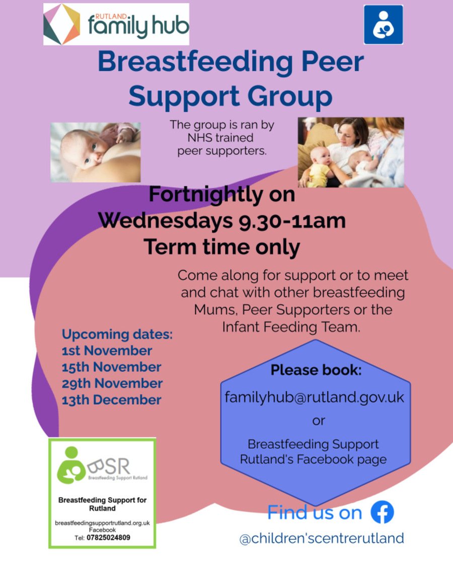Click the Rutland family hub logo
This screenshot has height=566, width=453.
coord(116,24)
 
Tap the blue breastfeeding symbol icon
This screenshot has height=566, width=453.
coord(383,25)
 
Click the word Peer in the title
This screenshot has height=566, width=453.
coord(332,62)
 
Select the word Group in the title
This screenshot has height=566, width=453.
coord(290,97)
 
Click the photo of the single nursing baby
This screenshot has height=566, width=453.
coord(95,152)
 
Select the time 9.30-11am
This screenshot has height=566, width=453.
coord(292,220)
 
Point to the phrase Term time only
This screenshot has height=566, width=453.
coord(222,247)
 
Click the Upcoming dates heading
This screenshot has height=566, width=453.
coord(117,335)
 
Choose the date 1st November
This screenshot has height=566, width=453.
coord(107,351)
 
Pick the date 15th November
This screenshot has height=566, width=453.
coord(111,367)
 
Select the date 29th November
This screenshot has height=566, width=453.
coord(112,383)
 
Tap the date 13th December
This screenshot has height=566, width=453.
coord(111,400)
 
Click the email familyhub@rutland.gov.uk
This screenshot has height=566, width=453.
coord(314,397)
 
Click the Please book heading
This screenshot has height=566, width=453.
coord(316,370)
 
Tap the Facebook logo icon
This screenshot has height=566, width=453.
coord(382,512)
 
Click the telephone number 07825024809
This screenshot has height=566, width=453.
coord(108,537)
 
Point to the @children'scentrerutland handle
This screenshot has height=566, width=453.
coord(322,538)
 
